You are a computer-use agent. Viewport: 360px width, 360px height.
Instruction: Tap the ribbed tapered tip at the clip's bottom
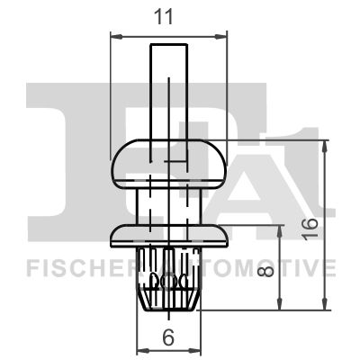(x=167, y=283)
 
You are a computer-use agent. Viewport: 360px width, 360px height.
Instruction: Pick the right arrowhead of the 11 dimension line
(x=221, y=36)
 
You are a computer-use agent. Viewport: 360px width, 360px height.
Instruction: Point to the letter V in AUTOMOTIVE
(x=310, y=268)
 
